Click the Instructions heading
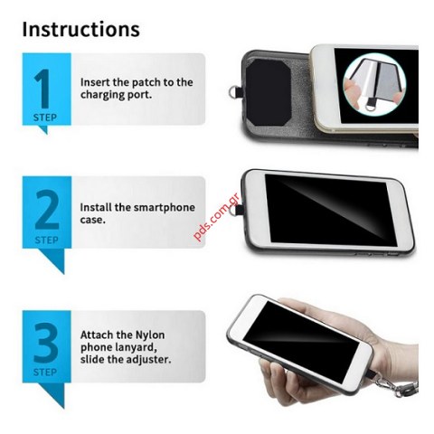(x=81, y=28)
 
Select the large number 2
(x=46, y=210)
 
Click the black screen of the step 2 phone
(x=325, y=206)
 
